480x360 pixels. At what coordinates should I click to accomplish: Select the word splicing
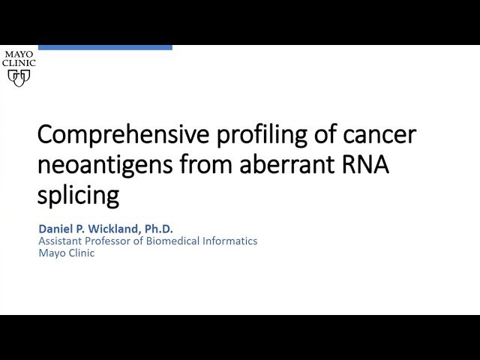[78, 195]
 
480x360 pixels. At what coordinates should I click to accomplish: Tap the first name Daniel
[55, 228]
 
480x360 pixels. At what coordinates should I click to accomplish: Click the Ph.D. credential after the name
[159, 228]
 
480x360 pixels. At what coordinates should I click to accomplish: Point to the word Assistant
[60, 241]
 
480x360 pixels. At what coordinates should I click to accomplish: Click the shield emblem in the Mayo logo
[19, 76]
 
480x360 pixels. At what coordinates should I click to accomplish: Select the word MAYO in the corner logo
[19, 55]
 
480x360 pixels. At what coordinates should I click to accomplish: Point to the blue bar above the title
[104, 47]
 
